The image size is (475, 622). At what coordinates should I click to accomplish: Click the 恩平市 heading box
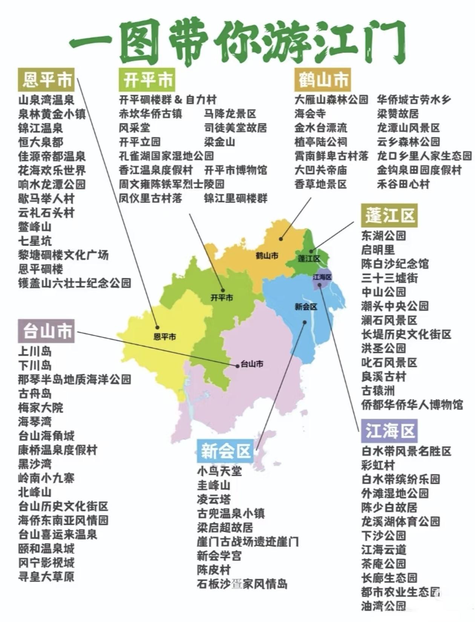point(46,80)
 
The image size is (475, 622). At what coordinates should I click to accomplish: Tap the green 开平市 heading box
point(147,80)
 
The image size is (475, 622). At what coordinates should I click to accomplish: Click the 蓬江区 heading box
point(389,215)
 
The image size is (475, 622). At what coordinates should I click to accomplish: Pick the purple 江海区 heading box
point(389,431)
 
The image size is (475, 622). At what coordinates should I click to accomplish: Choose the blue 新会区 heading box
point(225,451)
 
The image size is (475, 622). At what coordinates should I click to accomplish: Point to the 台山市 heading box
point(46,331)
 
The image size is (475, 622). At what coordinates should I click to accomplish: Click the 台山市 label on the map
point(252,364)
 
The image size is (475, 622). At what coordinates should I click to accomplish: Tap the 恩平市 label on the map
point(165,336)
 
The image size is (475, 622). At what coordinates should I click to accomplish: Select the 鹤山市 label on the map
point(267,256)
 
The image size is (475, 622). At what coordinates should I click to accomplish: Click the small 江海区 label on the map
point(322,277)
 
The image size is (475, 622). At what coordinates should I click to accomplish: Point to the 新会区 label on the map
point(306,307)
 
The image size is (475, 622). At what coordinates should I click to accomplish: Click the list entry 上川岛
point(35,352)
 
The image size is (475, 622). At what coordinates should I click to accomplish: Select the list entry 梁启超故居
point(225,527)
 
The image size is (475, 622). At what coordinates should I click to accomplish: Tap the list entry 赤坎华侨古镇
point(150,114)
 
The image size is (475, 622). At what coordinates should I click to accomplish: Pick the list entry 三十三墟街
point(389,278)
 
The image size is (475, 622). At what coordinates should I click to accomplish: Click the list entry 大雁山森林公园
point(331,100)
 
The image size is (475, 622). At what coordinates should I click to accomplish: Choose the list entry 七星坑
point(35,241)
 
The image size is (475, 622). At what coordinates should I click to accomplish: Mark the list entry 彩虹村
point(378,465)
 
